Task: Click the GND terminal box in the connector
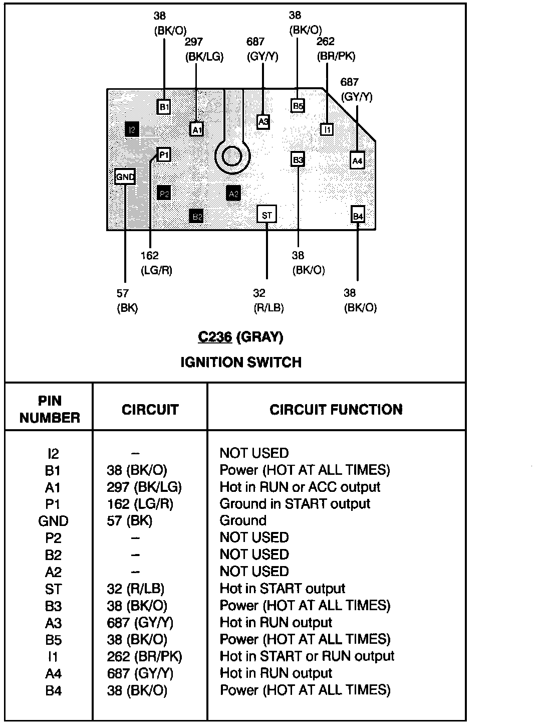point(125,177)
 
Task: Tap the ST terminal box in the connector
point(266,215)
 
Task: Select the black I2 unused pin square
point(132,130)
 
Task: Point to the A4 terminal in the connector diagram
point(357,161)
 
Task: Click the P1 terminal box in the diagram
point(164,154)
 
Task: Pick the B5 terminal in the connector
point(298,106)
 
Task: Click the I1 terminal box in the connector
point(327,129)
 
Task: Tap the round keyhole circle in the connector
point(232,156)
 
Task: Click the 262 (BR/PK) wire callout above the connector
point(336,49)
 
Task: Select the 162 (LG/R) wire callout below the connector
point(156,263)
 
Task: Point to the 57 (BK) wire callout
point(127,301)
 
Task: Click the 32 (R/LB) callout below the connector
point(268,301)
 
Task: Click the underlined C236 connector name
point(215,337)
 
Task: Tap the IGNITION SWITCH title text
point(241,362)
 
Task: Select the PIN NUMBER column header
point(50,409)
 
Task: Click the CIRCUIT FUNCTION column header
point(336,410)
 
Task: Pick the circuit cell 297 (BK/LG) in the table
point(144,487)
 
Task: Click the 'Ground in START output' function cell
point(295,504)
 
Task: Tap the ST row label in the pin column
point(53,589)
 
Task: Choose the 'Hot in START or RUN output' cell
point(307,656)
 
